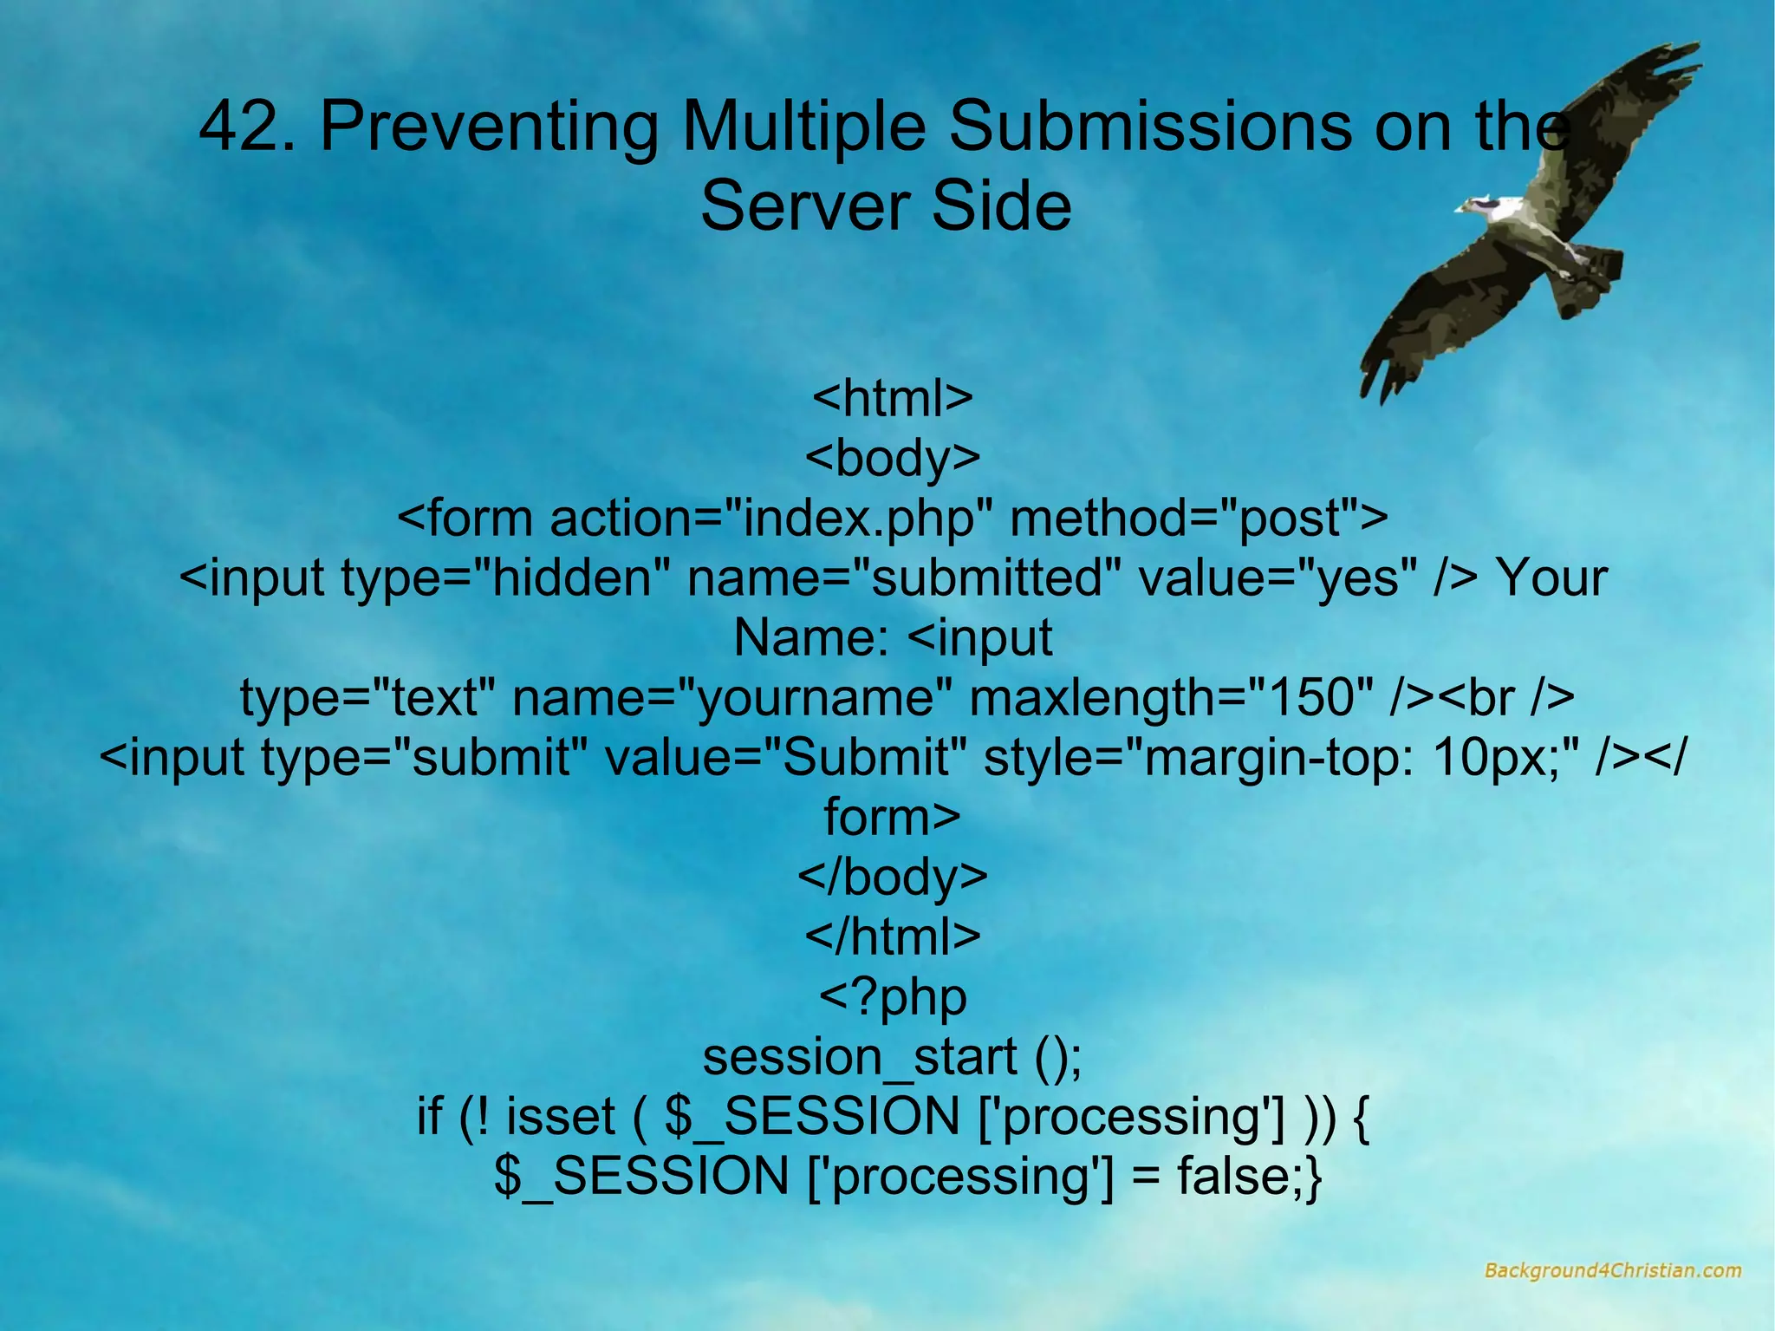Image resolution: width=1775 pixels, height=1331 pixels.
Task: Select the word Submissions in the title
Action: click(x=1148, y=127)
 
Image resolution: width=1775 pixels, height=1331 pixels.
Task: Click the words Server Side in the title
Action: click(x=886, y=206)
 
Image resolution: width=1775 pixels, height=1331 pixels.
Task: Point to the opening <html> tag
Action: click(x=893, y=398)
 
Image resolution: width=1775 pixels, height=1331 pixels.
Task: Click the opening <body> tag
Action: click(x=893, y=458)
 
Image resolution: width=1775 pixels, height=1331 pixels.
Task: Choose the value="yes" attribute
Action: click(x=1278, y=578)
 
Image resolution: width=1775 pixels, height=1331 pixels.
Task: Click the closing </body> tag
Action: click(x=893, y=877)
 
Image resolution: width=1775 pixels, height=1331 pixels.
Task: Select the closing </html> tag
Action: click(x=893, y=936)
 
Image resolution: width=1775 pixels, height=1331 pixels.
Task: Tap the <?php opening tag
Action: click(x=893, y=997)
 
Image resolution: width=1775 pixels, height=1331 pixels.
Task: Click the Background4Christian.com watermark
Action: click(x=1612, y=1271)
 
